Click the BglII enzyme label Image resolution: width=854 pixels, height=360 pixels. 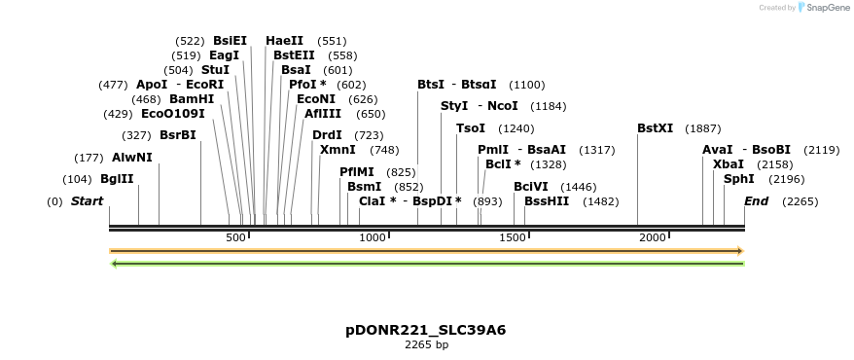pyautogui.click(x=117, y=179)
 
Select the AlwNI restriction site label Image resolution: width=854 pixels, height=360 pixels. pyautogui.click(x=132, y=158)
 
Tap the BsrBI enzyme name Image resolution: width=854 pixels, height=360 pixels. pyautogui.click(x=178, y=135)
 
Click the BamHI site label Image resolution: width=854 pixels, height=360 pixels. pyautogui.click(x=192, y=99)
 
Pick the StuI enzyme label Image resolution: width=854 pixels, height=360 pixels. pyautogui.click(x=215, y=70)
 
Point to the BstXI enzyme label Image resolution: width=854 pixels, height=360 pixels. pyautogui.click(x=655, y=128)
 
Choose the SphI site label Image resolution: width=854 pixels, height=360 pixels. pyautogui.click(x=739, y=179)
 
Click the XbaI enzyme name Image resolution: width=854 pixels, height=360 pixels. pyautogui.click(x=729, y=164)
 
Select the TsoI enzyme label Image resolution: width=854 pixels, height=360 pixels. pyautogui.click(x=471, y=128)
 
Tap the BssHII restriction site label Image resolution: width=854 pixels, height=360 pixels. pyautogui.click(x=547, y=201)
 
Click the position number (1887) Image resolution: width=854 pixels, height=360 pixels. pyautogui.click(x=703, y=128)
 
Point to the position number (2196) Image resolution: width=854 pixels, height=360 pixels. pyautogui.click(x=787, y=179)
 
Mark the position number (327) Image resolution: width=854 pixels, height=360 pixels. pyautogui.click(x=136, y=135)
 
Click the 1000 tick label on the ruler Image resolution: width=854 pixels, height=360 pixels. pyautogui.click(x=373, y=238)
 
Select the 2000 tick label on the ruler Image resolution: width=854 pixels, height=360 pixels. pyautogui.click(x=652, y=238)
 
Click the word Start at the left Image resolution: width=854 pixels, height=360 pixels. pyautogui.click(x=88, y=201)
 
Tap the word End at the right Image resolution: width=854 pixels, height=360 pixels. pyautogui.click(x=756, y=201)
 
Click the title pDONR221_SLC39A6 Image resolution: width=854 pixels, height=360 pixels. pyautogui.click(x=426, y=330)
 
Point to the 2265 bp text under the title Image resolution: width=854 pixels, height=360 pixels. pyautogui.click(x=426, y=344)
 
